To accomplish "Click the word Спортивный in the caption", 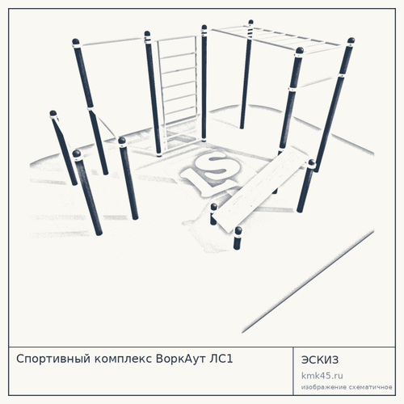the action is [x=53, y=360].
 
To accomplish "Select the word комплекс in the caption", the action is [x=122, y=359].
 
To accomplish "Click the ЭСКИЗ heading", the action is [x=320, y=360].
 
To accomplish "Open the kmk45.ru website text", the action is [x=322, y=376].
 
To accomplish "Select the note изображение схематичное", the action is [x=347, y=387].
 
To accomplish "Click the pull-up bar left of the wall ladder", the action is [x=112, y=42].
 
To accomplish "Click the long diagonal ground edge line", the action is [x=308, y=281].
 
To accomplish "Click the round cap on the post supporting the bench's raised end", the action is [x=312, y=163].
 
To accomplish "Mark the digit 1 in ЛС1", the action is [x=229, y=359].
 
